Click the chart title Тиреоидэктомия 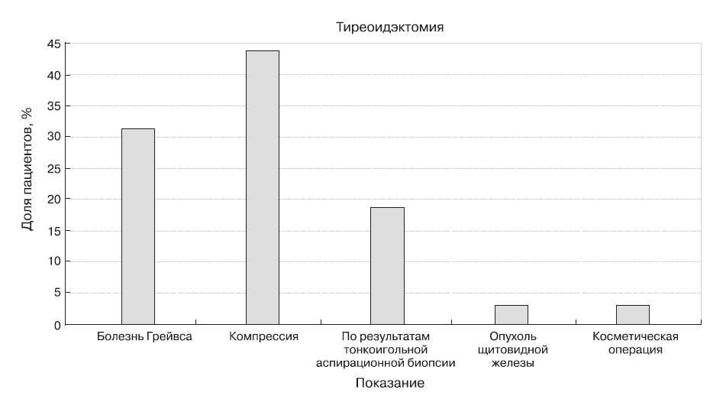(x=390, y=28)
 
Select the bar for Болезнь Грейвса (x=137, y=226)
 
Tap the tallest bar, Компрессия (x=262, y=187)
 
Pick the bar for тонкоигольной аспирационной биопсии (x=387, y=265)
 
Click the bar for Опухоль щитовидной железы (x=511, y=314)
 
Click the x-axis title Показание (x=389, y=381)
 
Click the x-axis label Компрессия (x=263, y=336)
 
